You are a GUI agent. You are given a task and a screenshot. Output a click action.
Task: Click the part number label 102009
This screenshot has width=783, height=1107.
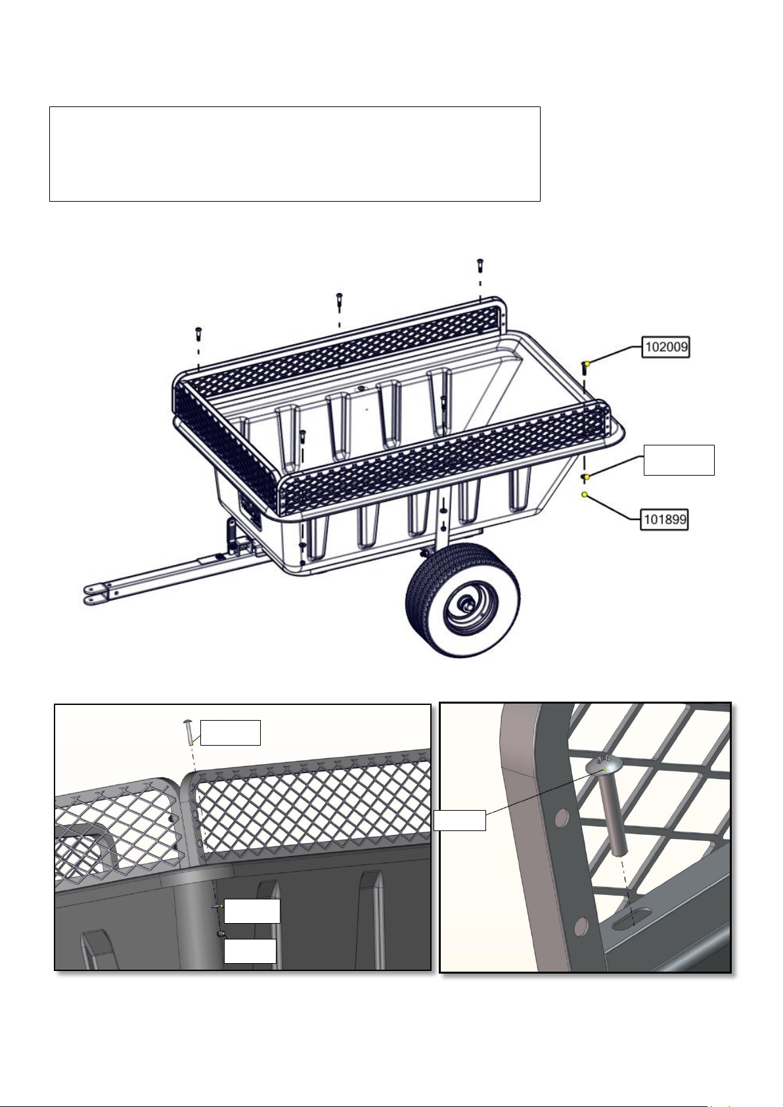(x=665, y=347)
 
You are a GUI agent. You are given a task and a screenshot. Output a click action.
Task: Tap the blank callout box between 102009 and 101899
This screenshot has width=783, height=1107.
(x=679, y=460)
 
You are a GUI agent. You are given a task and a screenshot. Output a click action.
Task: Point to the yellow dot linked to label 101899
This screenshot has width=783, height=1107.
(x=585, y=494)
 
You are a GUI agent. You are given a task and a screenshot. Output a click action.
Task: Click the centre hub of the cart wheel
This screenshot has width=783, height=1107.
(x=465, y=606)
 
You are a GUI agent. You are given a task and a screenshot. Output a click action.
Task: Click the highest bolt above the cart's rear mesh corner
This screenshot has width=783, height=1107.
(x=479, y=265)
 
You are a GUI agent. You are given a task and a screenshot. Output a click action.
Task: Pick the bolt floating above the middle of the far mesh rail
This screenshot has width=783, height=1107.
(x=339, y=300)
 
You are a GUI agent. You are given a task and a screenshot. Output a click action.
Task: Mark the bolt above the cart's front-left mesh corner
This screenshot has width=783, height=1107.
(x=198, y=333)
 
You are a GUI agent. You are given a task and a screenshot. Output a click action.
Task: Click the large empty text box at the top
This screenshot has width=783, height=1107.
(x=294, y=154)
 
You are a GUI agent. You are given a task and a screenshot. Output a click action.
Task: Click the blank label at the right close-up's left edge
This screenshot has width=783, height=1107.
(x=460, y=821)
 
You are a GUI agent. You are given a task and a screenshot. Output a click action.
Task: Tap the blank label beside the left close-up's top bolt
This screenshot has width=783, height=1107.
(x=230, y=733)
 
